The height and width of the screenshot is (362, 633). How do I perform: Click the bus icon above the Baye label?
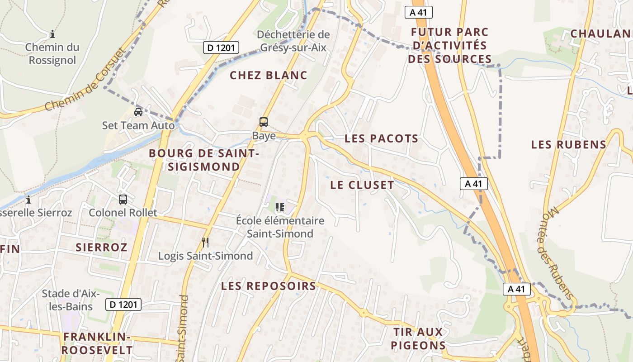pyautogui.click(x=263, y=122)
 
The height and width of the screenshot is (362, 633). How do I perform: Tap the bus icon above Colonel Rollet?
pyautogui.click(x=123, y=199)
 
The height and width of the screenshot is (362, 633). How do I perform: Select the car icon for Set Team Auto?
pyautogui.click(x=138, y=112)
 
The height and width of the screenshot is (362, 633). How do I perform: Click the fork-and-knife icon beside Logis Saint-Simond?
pyautogui.click(x=205, y=243)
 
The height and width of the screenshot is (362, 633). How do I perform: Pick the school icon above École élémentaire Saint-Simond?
pyautogui.click(x=280, y=207)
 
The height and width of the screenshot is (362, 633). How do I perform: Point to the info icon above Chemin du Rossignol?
pyautogui.click(x=52, y=34)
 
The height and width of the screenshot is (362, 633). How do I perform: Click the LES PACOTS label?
pyautogui.click(x=381, y=139)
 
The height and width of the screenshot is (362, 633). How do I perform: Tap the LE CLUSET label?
pyautogui.click(x=362, y=185)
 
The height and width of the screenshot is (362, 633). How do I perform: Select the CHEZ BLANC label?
pyautogui.click(x=268, y=76)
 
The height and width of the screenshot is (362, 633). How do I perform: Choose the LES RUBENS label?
pyautogui.click(x=568, y=145)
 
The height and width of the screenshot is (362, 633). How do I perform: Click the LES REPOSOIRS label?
pyautogui.click(x=268, y=286)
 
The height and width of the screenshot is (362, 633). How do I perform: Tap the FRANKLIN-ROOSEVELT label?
pyautogui.click(x=97, y=343)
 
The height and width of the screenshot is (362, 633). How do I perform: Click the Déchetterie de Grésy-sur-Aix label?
pyautogui.click(x=293, y=41)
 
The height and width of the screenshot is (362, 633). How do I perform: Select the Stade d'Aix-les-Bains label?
pyautogui.click(x=70, y=300)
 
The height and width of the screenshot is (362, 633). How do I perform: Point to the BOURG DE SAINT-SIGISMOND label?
pyautogui.click(x=203, y=160)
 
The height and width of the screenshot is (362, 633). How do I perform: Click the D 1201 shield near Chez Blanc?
pyautogui.click(x=221, y=48)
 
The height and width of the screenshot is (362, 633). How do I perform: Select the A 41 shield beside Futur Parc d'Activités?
pyautogui.click(x=418, y=12)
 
